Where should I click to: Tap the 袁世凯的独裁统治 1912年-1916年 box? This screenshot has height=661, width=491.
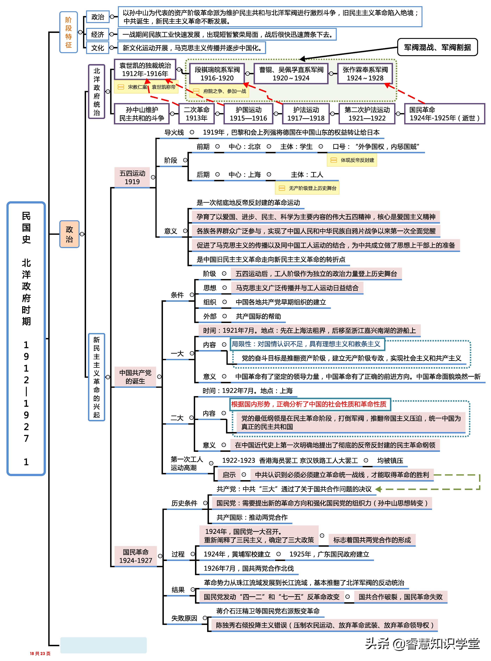[x=145, y=69]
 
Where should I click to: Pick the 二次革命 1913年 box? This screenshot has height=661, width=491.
[x=196, y=114]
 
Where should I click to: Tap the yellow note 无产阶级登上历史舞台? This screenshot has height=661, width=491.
[x=307, y=188]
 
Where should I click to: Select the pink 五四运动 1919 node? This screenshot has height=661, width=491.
[x=132, y=177]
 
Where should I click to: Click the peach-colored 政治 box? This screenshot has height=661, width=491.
[x=69, y=234]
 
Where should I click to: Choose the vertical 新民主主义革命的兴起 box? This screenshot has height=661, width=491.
[x=97, y=377]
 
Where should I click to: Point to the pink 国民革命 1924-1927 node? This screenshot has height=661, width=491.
[x=136, y=556]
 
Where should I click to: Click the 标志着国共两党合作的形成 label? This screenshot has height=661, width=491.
[x=372, y=540]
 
